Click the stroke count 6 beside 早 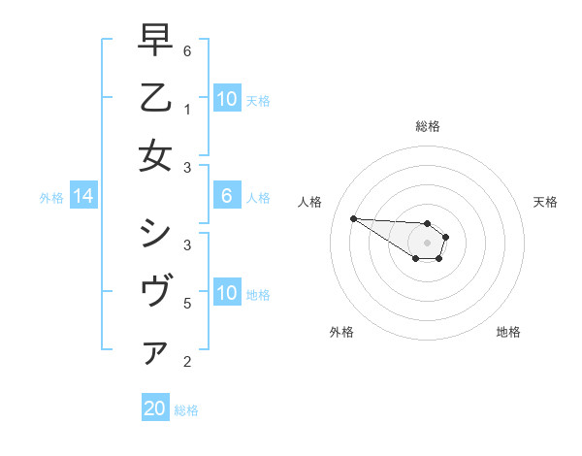pyautogui.click(x=187, y=50)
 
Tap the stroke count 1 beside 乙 pyautogui.click(x=187, y=109)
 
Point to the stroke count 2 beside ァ pyautogui.click(x=187, y=362)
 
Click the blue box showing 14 pyautogui.click(x=83, y=197)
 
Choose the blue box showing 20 pyautogui.click(x=155, y=408)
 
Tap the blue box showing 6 pyautogui.click(x=226, y=197)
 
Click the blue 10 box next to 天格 pyautogui.click(x=226, y=99)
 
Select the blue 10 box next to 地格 pyautogui.click(x=226, y=293)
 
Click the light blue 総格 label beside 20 pyautogui.click(x=186, y=409)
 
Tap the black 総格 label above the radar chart pyautogui.click(x=428, y=126)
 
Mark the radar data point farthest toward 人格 pyautogui.click(x=353, y=218)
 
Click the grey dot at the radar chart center pyautogui.click(x=427, y=242)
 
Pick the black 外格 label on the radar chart pyautogui.click(x=341, y=332)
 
